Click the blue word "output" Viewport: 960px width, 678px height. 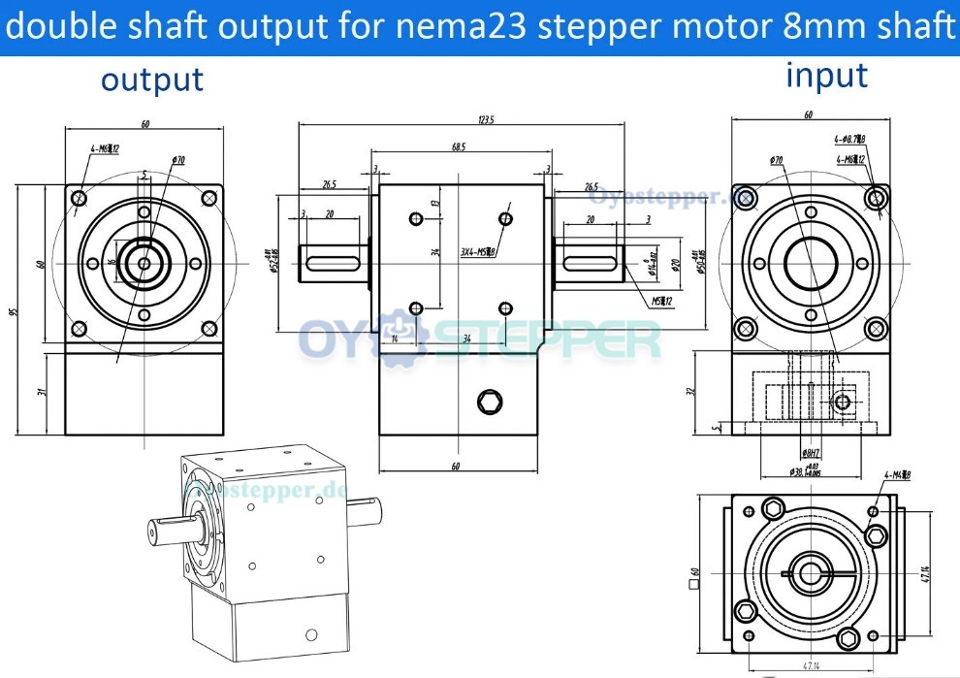pyautogui.click(x=152, y=80)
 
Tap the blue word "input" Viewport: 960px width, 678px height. pyautogui.click(x=826, y=75)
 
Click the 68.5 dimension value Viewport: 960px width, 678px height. pyautogui.click(x=459, y=147)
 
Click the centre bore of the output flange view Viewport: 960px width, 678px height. pyautogui.click(x=144, y=262)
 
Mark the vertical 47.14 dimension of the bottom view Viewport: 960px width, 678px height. pyautogui.click(x=927, y=572)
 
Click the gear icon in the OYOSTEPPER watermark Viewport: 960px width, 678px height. pyautogui.click(x=395, y=339)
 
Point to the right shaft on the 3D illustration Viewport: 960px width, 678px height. pyautogui.click(x=372, y=511)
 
